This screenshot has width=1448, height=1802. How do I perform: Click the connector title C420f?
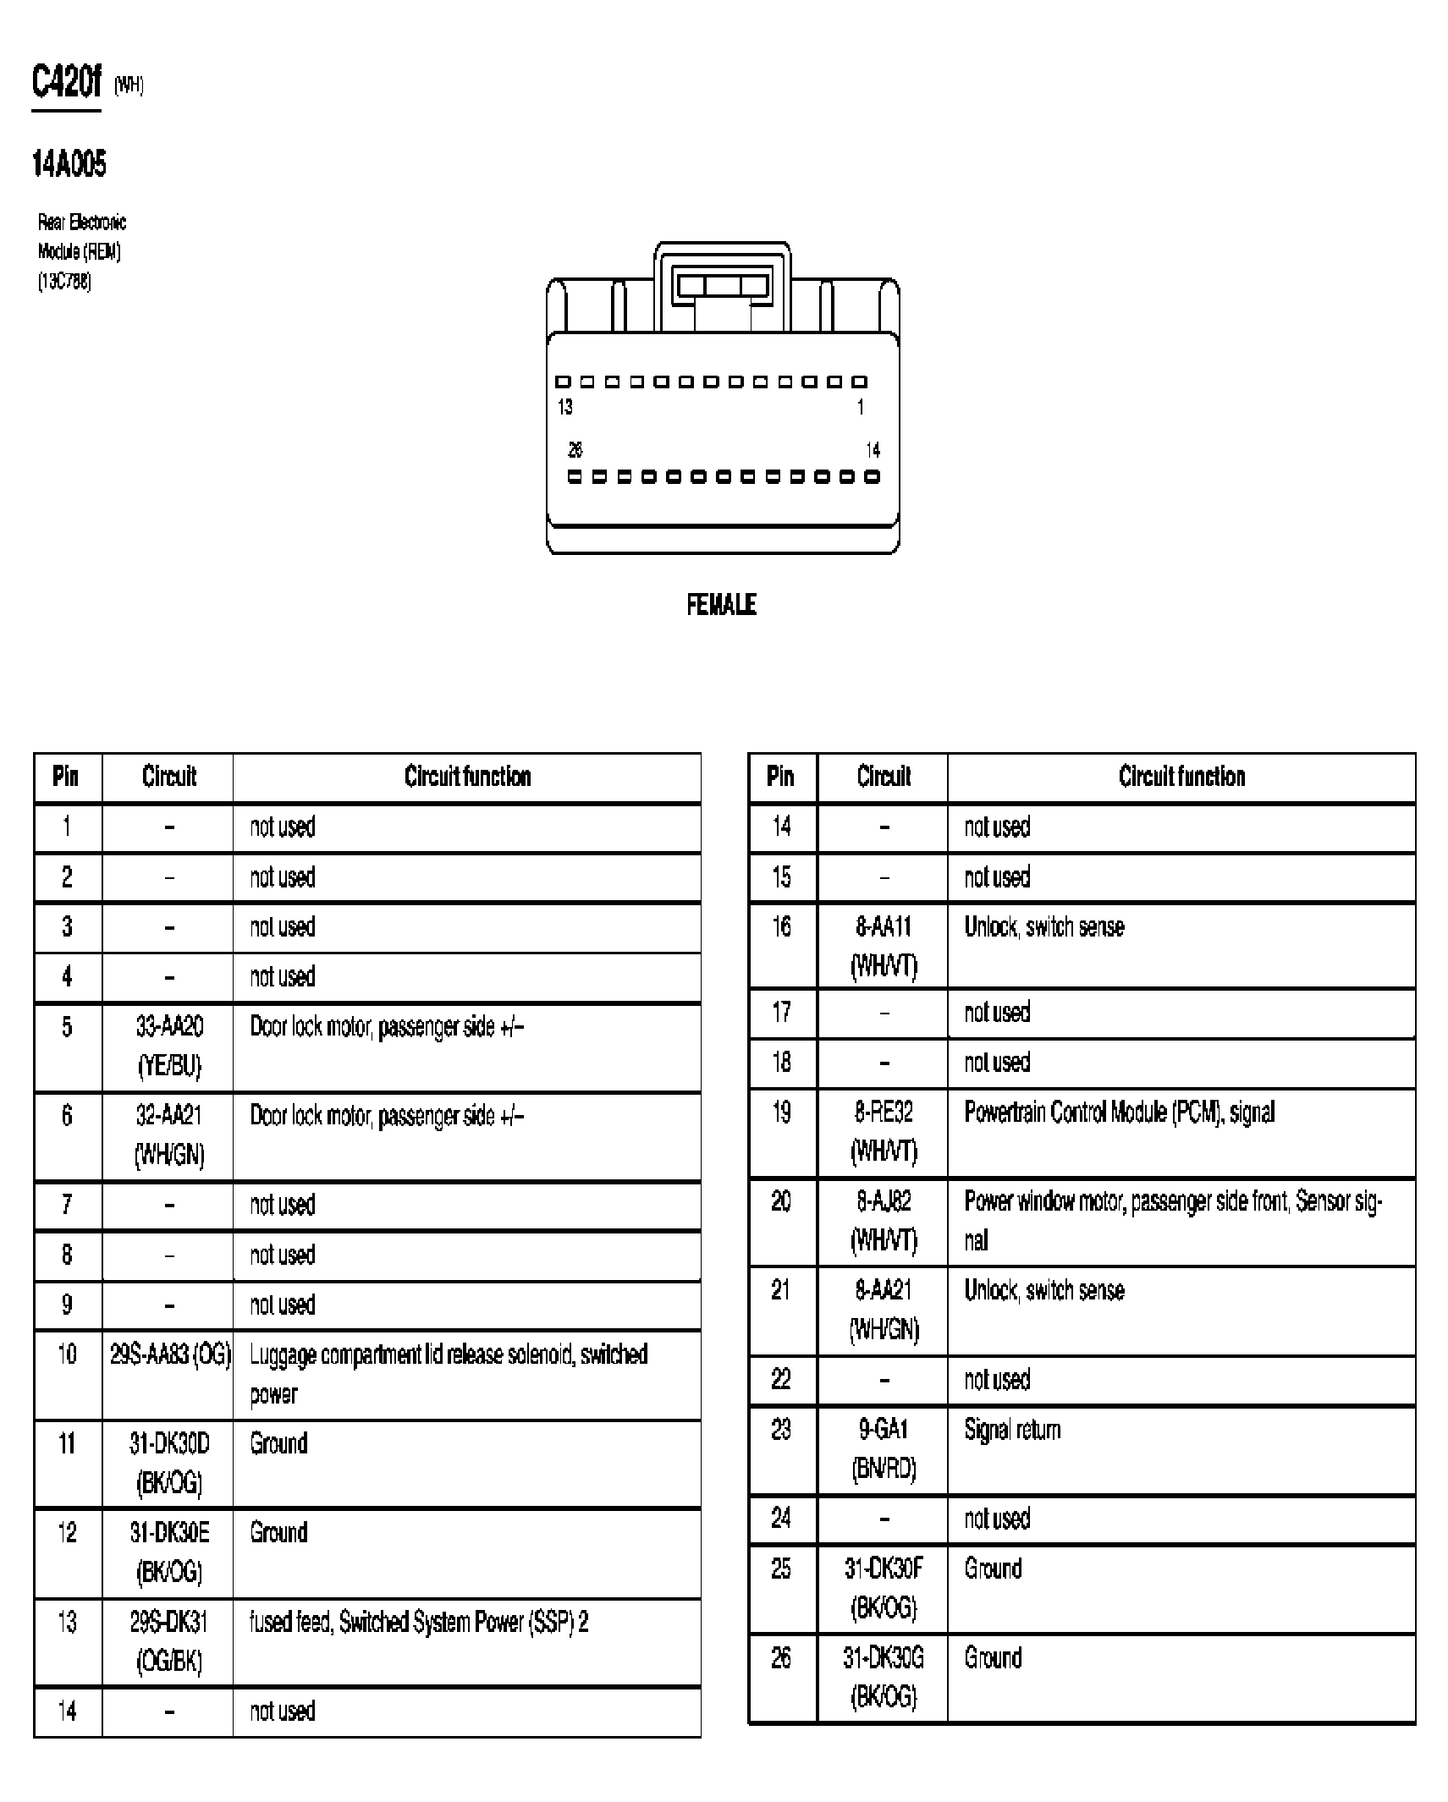coord(66,83)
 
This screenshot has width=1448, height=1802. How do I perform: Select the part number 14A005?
coord(69,164)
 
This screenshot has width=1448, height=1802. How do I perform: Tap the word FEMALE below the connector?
coord(721,605)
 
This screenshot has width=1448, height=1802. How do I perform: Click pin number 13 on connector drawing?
coord(565,408)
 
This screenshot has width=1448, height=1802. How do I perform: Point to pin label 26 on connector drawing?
coord(575,450)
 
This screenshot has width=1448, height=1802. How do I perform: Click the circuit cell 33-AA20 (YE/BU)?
coord(169,1047)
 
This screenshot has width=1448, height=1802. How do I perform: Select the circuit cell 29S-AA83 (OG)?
coord(169,1354)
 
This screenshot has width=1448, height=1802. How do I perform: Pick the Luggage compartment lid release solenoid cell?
coord(449,1374)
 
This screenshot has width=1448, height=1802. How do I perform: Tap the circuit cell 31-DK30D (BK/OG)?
coord(169,1463)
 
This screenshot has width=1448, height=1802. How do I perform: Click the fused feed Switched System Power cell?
coord(419,1622)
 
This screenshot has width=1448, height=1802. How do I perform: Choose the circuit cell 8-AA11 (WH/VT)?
coord(884,946)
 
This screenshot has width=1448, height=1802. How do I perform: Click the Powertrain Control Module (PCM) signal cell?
coord(1119,1112)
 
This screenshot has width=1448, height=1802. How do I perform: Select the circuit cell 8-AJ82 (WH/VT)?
coord(884,1221)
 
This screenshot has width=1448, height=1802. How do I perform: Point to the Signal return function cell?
coord(1012,1430)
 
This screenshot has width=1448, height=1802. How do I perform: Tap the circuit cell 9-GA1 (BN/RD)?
coord(884,1449)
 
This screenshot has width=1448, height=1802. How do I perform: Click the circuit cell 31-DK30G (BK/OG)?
coord(884,1678)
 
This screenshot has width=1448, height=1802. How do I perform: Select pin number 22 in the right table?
coord(781,1380)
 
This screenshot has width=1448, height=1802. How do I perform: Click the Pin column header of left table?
coord(66,777)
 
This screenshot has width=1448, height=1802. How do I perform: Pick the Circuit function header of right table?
coord(1181,777)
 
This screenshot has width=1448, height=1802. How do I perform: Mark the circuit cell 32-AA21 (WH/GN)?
coord(169,1135)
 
